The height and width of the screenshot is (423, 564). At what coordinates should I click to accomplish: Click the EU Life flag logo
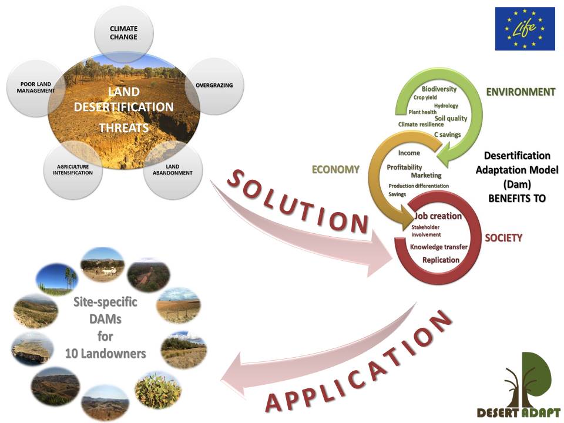(525, 29)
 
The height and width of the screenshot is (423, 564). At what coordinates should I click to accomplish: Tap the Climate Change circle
(124, 33)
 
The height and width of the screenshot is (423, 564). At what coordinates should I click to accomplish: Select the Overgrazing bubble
(214, 86)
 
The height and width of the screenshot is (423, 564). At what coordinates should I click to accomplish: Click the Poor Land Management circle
(36, 88)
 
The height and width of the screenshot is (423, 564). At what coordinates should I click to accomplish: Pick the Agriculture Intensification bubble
(73, 170)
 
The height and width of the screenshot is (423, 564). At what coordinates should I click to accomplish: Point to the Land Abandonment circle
(173, 170)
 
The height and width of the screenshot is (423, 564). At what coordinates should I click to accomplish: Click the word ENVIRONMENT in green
(521, 92)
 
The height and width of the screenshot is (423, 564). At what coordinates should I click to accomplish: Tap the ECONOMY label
(335, 169)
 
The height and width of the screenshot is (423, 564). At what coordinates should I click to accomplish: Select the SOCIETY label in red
(503, 238)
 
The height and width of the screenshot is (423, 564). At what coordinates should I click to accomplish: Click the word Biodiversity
(439, 89)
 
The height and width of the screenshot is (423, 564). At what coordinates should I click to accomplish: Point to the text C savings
(448, 135)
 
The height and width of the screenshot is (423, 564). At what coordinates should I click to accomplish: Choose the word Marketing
(427, 175)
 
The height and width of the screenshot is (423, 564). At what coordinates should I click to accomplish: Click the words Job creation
(438, 216)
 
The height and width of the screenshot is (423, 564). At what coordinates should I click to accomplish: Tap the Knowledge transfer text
(439, 247)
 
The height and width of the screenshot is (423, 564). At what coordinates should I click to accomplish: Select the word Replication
(441, 260)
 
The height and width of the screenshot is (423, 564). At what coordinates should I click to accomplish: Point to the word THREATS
(124, 127)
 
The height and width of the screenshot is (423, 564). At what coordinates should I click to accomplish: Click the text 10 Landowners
(105, 354)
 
